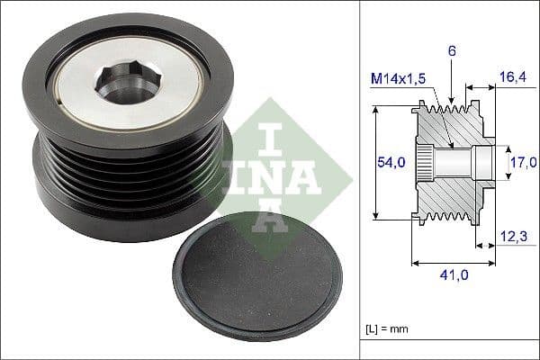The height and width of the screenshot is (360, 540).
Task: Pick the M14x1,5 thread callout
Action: click(400, 80)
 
